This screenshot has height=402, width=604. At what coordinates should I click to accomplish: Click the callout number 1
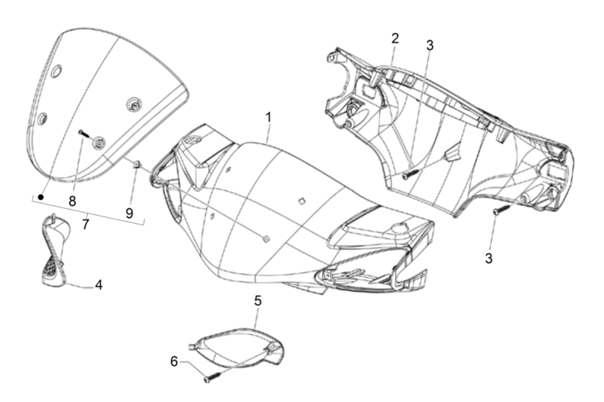point(269,117)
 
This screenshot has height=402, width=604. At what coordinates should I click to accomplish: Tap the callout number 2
point(395,38)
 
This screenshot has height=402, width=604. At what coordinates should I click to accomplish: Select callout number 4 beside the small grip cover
point(99,285)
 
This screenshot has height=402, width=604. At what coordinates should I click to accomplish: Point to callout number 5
point(257,300)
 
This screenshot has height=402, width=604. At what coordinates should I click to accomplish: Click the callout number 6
point(174,360)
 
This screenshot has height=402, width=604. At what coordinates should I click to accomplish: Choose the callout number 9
point(130,213)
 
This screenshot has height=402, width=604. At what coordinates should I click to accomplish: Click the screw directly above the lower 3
point(497,211)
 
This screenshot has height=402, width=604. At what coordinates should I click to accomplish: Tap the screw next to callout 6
point(209,379)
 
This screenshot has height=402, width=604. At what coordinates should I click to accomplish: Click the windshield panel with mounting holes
point(102,108)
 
